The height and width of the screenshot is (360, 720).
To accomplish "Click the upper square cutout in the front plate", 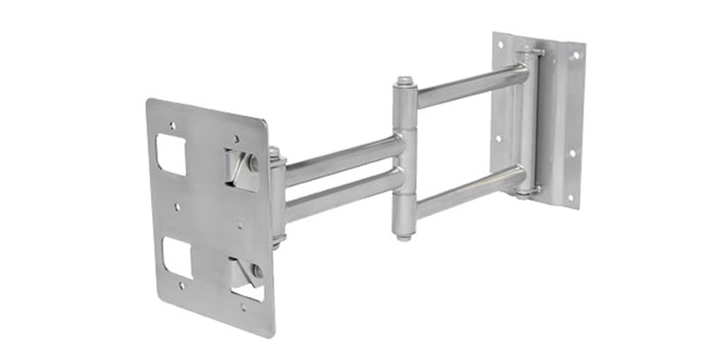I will pos(171,154).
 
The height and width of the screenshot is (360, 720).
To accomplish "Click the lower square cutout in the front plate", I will pos(176,256).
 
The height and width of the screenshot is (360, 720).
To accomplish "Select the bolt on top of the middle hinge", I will pos(405,82).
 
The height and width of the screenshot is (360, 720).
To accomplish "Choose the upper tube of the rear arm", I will pos(468,86).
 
